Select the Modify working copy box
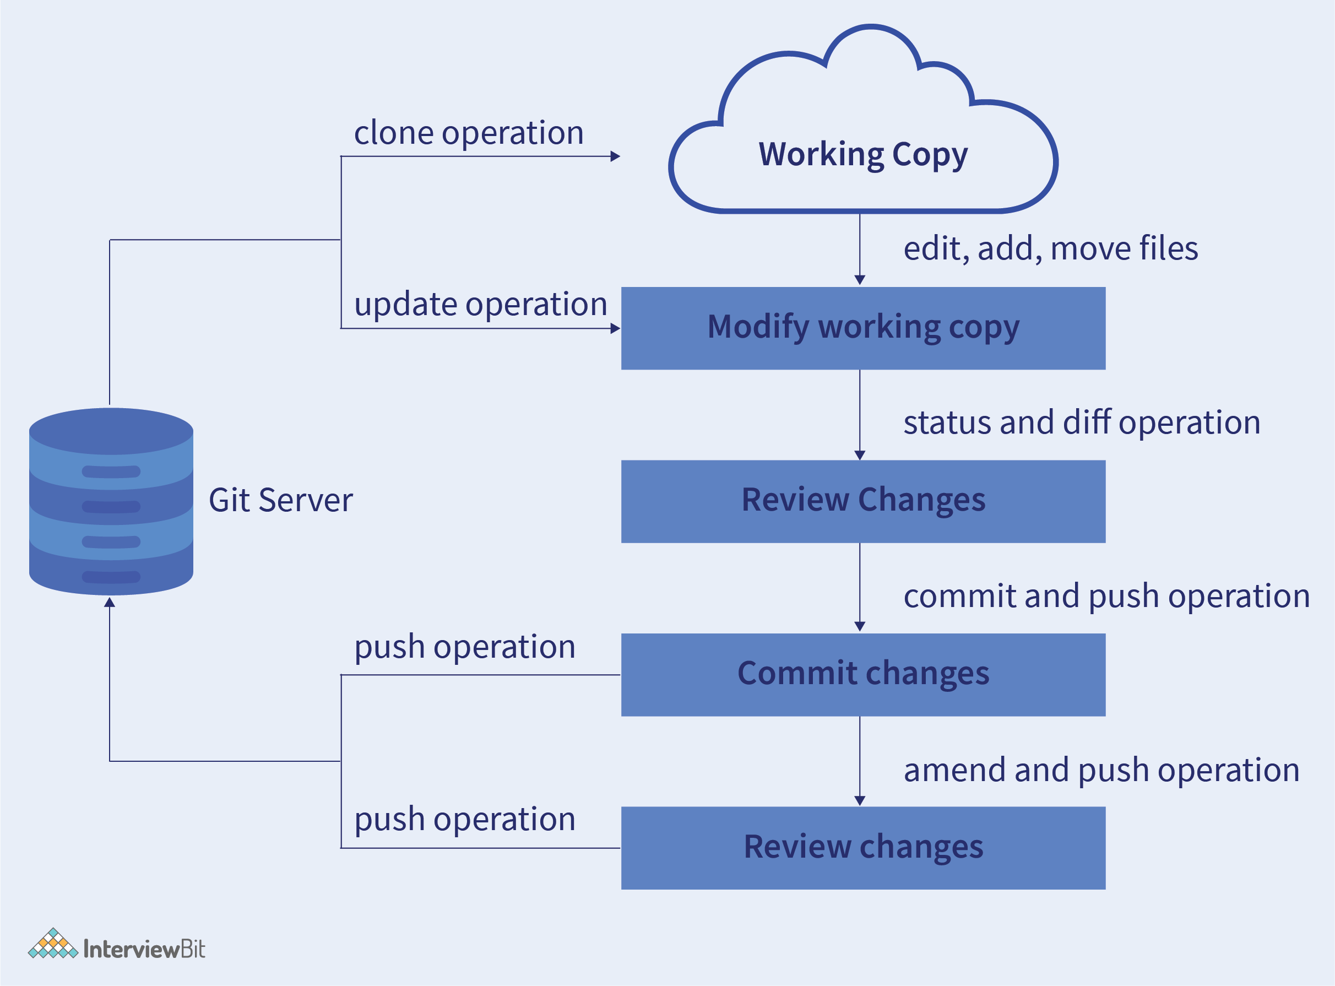point(863,328)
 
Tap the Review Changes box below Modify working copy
point(863,501)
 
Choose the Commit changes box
point(863,674)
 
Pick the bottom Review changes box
point(863,848)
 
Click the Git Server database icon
point(111,501)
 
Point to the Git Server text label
point(280,500)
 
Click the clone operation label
point(469,133)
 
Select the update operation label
point(480,305)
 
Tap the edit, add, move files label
point(1050,248)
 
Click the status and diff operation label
point(1081,422)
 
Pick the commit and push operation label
point(1106,595)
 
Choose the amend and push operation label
point(1101,770)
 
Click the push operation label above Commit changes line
point(465,647)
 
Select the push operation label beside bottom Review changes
point(465,820)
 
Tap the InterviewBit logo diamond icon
point(53,944)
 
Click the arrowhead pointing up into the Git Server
point(110,602)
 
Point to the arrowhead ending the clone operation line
point(615,156)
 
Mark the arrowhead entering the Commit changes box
point(860,626)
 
